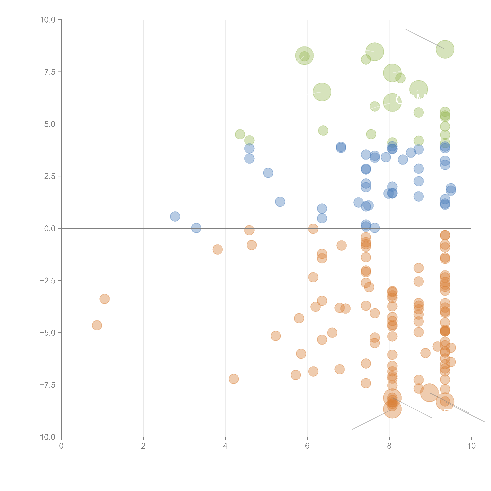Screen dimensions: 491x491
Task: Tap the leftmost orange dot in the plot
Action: pyautogui.click(x=97, y=325)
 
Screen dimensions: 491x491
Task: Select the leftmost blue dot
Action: pyautogui.click(x=175, y=217)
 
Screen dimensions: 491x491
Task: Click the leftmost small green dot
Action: pyautogui.click(x=240, y=134)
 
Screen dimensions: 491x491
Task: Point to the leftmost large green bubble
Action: pyautogui.click(x=304, y=56)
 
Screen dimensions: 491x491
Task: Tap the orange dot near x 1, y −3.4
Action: pyautogui.click(x=104, y=299)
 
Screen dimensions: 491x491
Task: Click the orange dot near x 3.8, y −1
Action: pyautogui.click(x=218, y=250)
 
